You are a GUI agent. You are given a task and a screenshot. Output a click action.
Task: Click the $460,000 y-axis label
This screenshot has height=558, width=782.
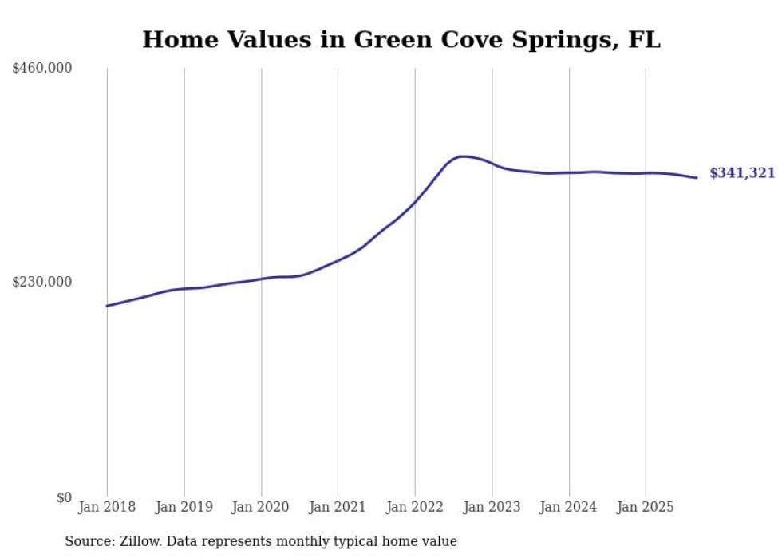(x=42, y=69)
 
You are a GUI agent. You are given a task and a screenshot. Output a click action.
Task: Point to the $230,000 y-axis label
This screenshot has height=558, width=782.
(x=42, y=282)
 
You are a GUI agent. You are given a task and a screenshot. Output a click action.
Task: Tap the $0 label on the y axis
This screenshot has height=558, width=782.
(x=64, y=497)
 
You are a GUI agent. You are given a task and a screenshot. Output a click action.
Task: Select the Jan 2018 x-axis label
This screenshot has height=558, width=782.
(x=107, y=507)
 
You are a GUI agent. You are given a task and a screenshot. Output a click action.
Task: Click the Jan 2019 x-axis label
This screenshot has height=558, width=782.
(x=184, y=507)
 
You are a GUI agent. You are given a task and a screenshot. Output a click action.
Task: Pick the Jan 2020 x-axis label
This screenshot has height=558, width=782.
(x=261, y=507)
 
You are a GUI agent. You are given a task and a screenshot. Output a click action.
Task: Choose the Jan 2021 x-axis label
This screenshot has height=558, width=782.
(x=338, y=507)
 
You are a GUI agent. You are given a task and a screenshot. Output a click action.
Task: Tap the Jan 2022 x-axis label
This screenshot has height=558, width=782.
(x=415, y=507)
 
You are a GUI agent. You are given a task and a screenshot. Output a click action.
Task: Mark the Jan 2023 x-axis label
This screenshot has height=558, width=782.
(x=492, y=507)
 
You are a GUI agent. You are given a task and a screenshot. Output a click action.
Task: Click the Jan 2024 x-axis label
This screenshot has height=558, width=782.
(x=569, y=507)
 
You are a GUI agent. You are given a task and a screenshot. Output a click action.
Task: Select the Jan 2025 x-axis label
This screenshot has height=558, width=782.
(x=646, y=507)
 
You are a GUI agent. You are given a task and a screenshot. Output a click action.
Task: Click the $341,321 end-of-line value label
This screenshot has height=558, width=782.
(x=742, y=172)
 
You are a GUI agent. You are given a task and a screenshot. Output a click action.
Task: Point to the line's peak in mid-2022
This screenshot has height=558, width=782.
(x=463, y=156)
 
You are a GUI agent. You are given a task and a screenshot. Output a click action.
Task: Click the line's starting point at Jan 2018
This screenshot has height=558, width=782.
(x=107, y=306)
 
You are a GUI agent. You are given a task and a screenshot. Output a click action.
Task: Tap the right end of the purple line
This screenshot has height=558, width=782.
(x=697, y=177)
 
